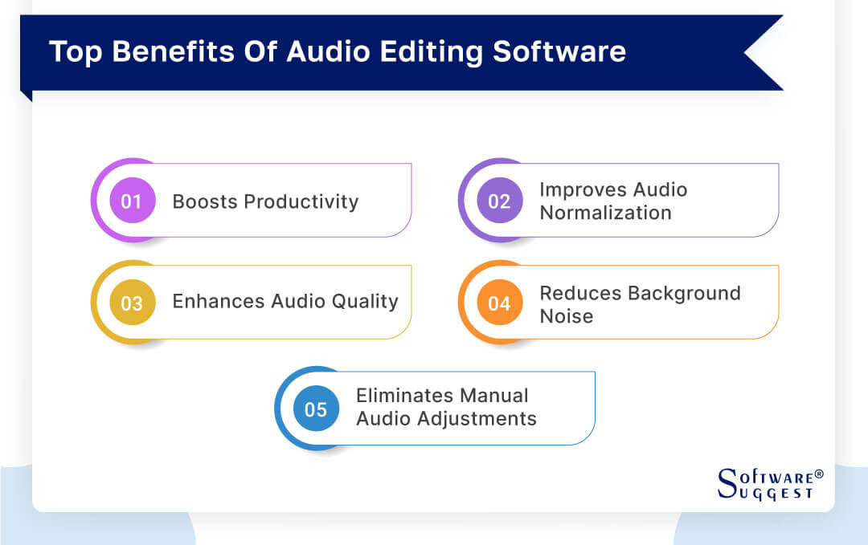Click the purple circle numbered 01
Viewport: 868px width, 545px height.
(132, 201)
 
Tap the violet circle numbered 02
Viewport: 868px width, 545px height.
(499, 201)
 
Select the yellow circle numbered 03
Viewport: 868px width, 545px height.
(132, 303)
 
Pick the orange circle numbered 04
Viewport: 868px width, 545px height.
(499, 303)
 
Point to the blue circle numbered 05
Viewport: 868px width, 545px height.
(316, 409)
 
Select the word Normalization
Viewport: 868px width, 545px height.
(605, 213)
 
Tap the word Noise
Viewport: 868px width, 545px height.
(566, 316)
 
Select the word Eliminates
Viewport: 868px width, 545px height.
(407, 396)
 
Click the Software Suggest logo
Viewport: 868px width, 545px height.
(769, 484)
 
